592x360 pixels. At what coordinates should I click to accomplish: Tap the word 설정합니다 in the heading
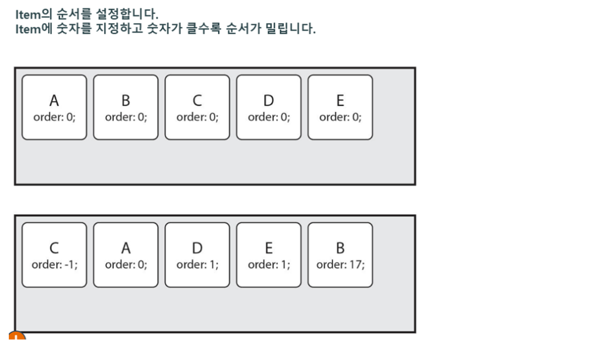coord(126,13)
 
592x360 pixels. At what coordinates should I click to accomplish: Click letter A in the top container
coord(54,100)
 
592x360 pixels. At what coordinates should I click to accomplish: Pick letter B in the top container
coord(126,100)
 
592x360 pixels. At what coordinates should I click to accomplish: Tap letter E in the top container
coord(340,100)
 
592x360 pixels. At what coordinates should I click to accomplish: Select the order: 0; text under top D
coord(269,117)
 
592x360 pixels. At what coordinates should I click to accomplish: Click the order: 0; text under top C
coord(197,117)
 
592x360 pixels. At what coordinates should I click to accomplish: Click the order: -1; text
coord(54,264)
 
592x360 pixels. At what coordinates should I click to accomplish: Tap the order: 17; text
coord(340,264)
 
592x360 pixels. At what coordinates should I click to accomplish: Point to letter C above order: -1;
coord(54,248)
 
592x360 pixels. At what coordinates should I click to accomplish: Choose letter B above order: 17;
coord(340,248)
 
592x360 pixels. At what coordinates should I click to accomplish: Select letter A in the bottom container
coord(126,248)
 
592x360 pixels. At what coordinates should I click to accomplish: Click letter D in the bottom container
coord(197,248)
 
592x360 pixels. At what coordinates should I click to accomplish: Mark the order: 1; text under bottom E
coord(269,264)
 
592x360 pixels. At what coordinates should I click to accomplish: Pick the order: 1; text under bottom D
coord(197,264)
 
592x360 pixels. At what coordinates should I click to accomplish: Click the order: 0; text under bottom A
coord(126,264)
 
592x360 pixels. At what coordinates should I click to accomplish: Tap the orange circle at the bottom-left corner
coord(17,336)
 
